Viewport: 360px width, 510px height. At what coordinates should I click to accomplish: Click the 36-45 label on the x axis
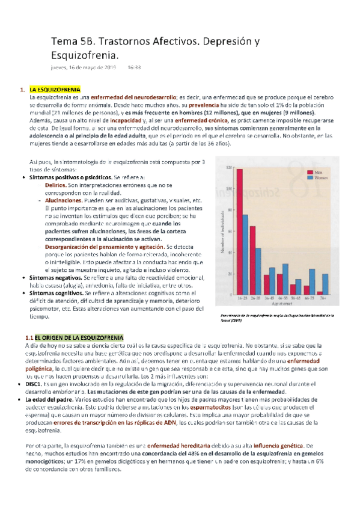pos(268,298)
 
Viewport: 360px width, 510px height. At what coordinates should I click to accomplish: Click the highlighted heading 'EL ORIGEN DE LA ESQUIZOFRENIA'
pos(79,336)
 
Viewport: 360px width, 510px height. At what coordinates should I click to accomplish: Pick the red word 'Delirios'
pos(56,186)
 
